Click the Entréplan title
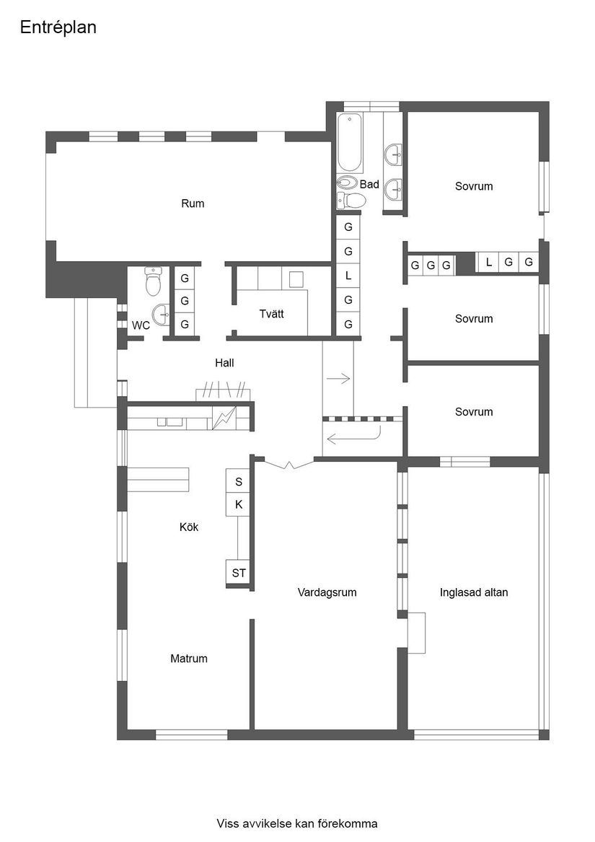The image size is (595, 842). pyautogui.click(x=58, y=27)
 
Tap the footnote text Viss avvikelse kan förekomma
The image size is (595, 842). pyautogui.click(x=296, y=823)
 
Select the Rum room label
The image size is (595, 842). pyautogui.click(x=193, y=203)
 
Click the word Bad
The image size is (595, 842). pyautogui.click(x=369, y=185)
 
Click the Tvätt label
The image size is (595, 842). pyautogui.click(x=271, y=314)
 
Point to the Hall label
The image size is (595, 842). pyautogui.click(x=224, y=363)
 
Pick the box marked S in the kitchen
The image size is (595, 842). pyautogui.click(x=239, y=481)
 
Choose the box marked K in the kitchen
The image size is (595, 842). pyautogui.click(x=239, y=504)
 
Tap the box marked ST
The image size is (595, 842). pyautogui.click(x=239, y=573)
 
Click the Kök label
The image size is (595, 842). pyautogui.click(x=189, y=527)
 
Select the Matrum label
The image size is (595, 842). pyautogui.click(x=189, y=658)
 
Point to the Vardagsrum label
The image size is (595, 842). pyautogui.click(x=327, y=592)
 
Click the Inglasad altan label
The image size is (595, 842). pyautogui.click(x=474, y=592)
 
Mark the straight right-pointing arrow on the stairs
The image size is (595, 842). pyautogui.click(x=338, y=378)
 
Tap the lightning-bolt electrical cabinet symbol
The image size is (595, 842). pyautogui.click(x=224, y=418)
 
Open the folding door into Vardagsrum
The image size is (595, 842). pyautogui.click(x=288, y=465)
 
